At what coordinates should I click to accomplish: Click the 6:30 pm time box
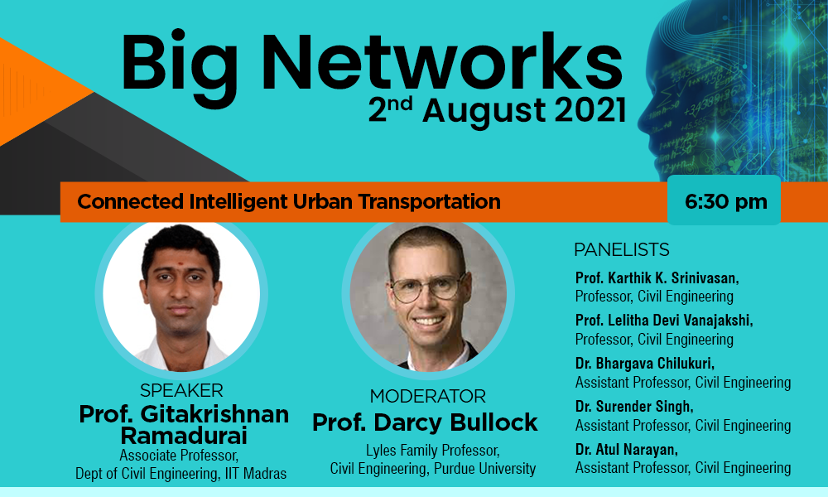[724, 200]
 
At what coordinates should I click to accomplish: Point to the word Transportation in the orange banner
[429, 201]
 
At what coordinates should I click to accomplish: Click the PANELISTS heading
[622, 249]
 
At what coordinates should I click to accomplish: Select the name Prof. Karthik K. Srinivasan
[657, 277]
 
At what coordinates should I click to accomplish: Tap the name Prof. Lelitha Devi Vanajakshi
[664, 320]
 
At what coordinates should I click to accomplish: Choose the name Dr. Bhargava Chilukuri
[645, 364]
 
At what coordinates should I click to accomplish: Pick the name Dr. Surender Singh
[634, 406]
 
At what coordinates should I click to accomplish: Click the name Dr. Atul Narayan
[626, 450]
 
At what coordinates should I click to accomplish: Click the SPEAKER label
[181, 390]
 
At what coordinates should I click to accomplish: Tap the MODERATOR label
[428, 396]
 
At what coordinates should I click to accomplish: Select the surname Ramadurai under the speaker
[184, 436]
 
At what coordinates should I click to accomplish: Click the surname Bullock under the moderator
[493, 422]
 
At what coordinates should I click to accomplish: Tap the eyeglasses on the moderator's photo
[428, 288]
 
